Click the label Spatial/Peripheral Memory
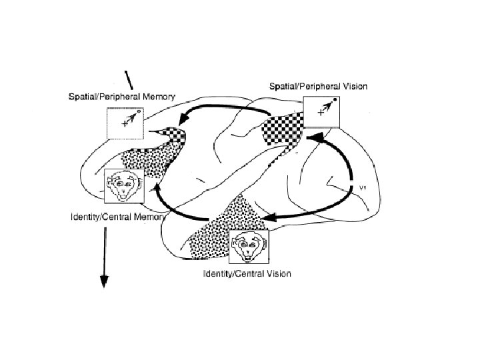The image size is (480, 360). pos(123,97)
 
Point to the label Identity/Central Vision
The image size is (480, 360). pos(247,274)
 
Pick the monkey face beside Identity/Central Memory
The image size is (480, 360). pos(123,186)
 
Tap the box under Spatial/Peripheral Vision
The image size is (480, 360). pos(321,111)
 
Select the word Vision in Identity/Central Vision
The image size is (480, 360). pos(276,274)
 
